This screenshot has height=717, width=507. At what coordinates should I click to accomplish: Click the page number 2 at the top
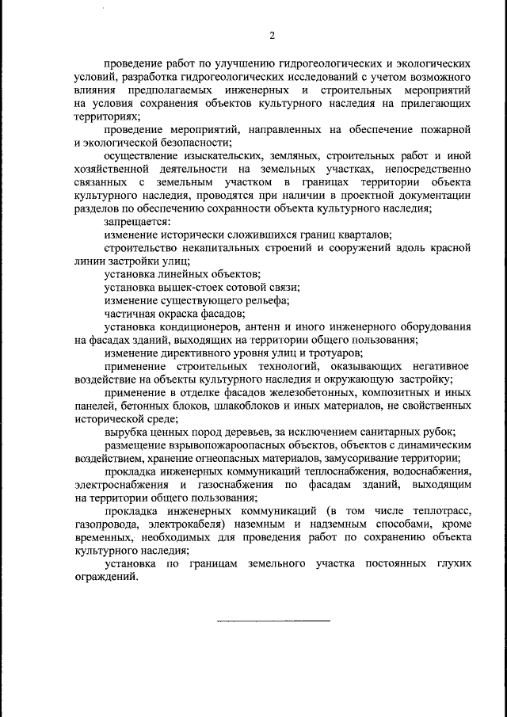click(272, 35)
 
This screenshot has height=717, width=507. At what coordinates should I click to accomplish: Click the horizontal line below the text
click(274, 620)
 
